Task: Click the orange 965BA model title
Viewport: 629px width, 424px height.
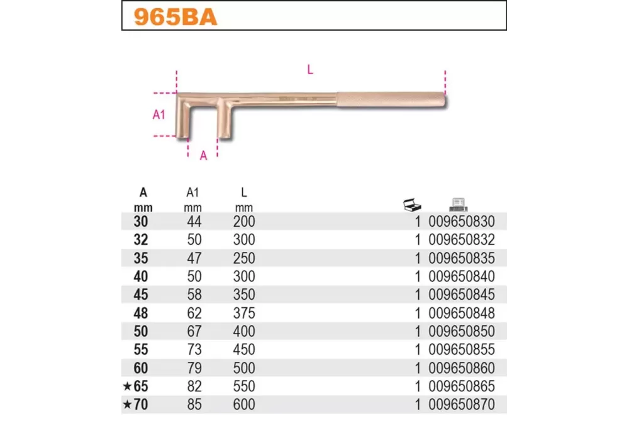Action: [x=175, y=17]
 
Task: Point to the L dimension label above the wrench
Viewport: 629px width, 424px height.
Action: [x=310, y=70]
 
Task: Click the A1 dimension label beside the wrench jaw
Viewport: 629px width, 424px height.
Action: [x=159, y=114]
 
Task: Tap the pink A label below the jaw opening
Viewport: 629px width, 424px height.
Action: [x=203, y=156]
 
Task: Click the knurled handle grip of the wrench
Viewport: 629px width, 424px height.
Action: [x=391, y=100]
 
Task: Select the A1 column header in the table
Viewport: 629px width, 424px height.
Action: [x=192, y=192]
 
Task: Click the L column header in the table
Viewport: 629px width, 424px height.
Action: [x=244, y=192]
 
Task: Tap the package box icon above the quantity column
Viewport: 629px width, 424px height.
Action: [x=412, y=204]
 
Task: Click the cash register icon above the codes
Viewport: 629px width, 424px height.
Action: [x=458, y=204]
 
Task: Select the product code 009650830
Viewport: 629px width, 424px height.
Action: [x=462, y=222]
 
